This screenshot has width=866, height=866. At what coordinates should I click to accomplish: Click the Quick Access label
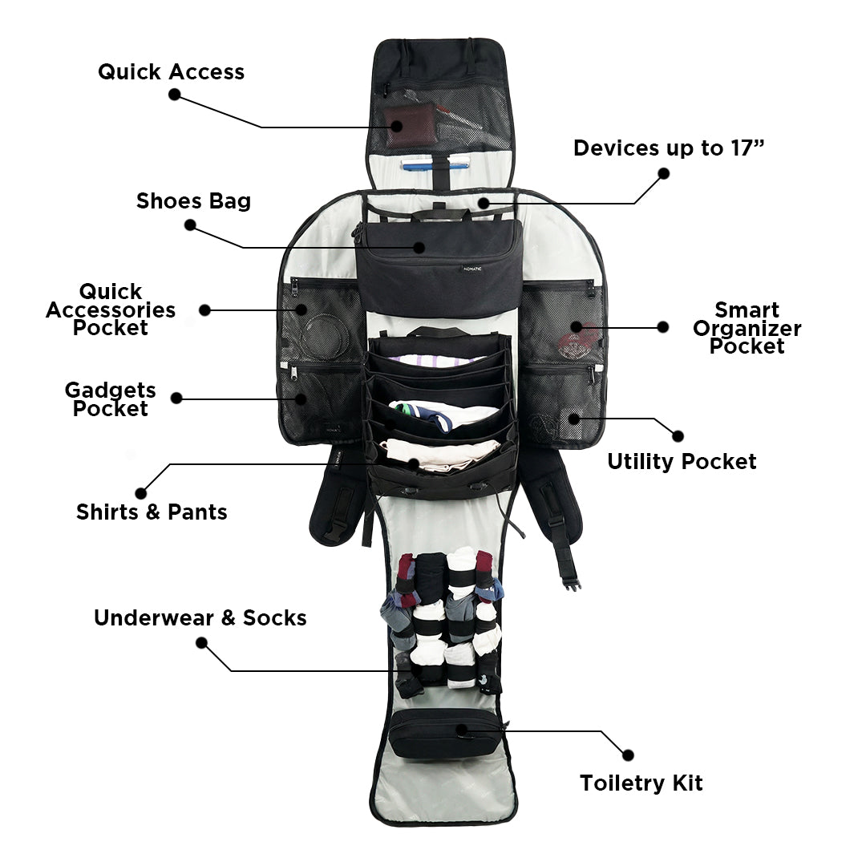click(171, 72)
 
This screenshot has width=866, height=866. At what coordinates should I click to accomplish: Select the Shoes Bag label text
click(193, 200)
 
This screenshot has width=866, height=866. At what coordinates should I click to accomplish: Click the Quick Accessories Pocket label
click(111, 310)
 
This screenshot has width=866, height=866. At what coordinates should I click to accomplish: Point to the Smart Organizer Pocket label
click(747, 328)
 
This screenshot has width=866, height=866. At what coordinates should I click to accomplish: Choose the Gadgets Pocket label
click(111, 399)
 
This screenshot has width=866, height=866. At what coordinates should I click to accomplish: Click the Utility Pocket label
click(682, 462)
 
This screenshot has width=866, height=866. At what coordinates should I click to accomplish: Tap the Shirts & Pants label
click(152, 512)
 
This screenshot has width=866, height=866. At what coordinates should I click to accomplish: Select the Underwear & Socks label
click(200, 618)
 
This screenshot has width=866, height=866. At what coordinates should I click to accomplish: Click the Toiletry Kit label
click(641, 783)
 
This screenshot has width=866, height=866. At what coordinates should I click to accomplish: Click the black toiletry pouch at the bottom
click(443, 733)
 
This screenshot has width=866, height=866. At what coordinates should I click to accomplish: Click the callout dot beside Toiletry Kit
click(628, 755)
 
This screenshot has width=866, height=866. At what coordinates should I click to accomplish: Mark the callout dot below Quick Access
click(174, 95)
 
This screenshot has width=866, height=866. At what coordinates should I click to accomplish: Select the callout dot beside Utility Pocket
click(678, 436)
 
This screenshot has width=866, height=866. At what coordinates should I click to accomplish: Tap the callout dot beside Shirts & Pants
click(141, 493)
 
